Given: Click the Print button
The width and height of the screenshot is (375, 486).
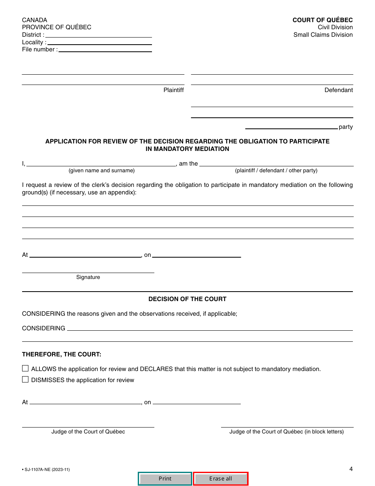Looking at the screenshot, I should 165,478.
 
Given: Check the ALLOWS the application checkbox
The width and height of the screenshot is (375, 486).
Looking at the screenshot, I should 25,369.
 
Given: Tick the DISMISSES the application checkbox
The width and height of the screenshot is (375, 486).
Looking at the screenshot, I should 25,380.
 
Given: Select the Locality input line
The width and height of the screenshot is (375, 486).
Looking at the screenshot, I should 99,42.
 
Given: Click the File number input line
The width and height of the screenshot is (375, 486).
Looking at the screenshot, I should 105,49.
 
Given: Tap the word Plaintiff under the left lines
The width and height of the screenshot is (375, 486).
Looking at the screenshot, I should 174,90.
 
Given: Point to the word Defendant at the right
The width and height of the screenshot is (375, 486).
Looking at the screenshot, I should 339,90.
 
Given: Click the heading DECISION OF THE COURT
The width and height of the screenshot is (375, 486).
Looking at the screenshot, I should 187,299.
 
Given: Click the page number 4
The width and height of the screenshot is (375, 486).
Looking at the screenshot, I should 351,469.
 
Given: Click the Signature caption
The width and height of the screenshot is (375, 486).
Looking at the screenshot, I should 88,277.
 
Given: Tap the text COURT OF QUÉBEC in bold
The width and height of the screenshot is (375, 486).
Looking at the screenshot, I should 322,20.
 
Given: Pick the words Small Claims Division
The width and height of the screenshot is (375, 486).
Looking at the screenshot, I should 323,35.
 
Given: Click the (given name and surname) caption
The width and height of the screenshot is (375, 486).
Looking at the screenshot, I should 101,171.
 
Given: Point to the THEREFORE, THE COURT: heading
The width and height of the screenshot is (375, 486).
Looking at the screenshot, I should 62,354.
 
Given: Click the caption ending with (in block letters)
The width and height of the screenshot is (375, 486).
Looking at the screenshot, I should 287,432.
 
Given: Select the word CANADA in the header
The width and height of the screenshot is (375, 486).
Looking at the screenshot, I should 35,20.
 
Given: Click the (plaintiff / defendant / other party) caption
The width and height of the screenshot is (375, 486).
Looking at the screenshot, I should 276,171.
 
